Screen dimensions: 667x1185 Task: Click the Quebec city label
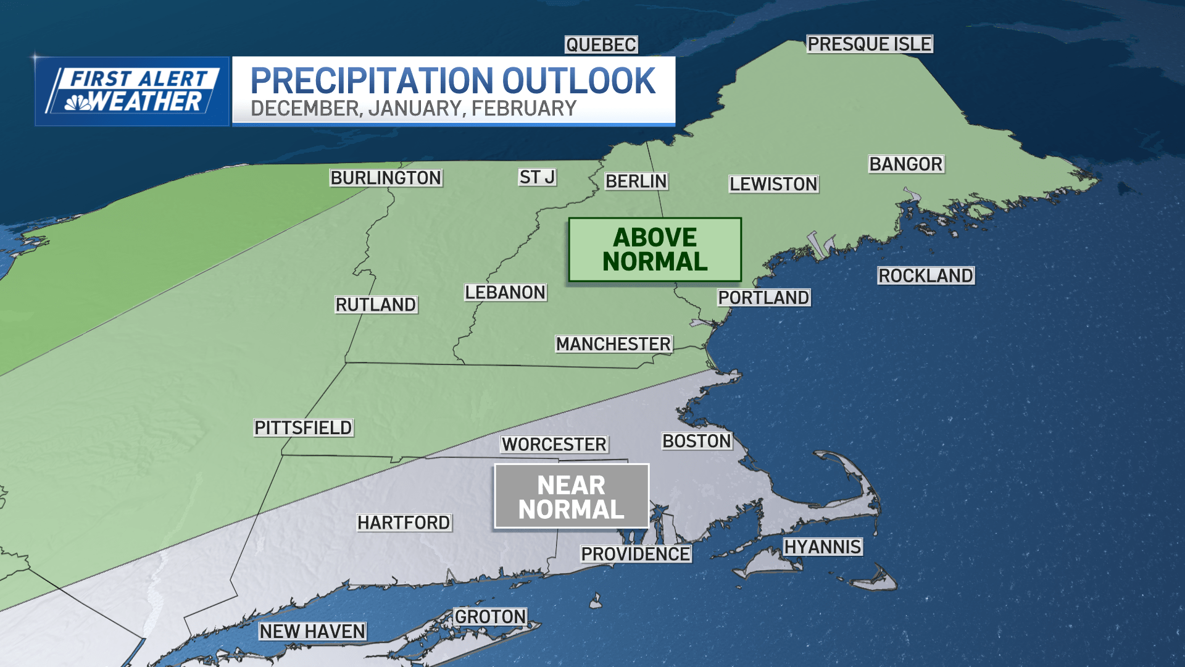click(601, 45)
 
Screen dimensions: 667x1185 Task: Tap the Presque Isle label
click(869, 44)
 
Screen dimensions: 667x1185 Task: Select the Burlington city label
click(386, 178)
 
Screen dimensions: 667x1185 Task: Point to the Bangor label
click(906, 164)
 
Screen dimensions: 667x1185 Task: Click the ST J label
click(537, 177)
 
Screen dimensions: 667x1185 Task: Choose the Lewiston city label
click(773, 184)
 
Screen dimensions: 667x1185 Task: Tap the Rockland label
click(926, 276)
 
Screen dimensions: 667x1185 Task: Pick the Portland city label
click(763, 298)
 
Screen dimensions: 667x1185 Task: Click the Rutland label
click(376, 304)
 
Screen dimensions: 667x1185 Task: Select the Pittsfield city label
click(303, 428)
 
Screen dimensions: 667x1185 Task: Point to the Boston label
click(697, 441)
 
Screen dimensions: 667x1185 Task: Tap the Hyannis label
click(823, 547)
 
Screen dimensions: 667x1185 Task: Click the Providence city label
click(636, 555)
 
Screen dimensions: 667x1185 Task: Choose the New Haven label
click(312, 631)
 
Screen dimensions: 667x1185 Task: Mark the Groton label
click(491, 617)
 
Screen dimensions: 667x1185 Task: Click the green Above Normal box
click(655, 250)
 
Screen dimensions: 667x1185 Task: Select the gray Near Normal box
click(572, 497)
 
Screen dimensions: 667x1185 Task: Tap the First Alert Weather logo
click(132, 91)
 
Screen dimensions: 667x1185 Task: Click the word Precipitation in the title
click(372, 82)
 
